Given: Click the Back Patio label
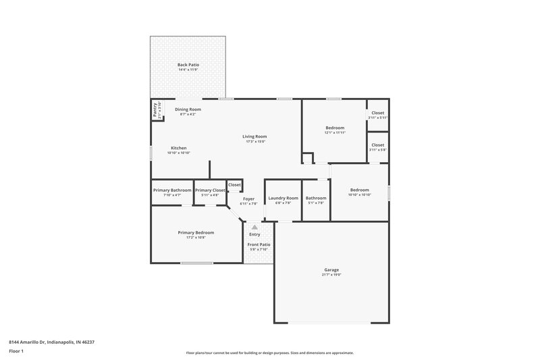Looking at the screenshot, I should (188, 65).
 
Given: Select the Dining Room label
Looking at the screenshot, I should (188, 109).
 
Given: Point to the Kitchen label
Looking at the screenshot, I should (178, 148).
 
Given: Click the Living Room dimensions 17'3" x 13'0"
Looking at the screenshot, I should (254, 142).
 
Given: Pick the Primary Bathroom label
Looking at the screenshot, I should (172, 190).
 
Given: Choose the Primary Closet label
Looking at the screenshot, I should (210, 190).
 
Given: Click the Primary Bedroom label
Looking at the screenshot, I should (196, 232).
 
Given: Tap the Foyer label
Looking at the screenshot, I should (249, 199).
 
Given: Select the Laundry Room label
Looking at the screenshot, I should (283, 198).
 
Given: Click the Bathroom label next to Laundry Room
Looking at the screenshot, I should (316, 198).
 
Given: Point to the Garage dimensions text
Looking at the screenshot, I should (331, 275).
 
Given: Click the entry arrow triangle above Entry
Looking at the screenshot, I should (254, 227).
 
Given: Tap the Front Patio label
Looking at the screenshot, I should (259, 245).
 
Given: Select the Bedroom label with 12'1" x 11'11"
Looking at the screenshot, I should (335, 128).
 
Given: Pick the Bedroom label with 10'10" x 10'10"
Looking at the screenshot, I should (359, 190).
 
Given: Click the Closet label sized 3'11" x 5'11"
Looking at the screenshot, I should (377, 113).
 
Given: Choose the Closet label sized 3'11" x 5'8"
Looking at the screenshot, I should (377, 145).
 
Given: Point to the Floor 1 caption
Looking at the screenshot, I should (16, 352).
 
